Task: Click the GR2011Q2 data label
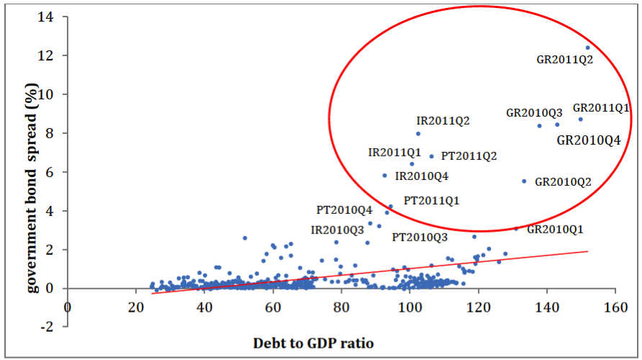(564, 60)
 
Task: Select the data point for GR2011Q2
(588, 48)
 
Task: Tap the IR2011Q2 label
(443, 120)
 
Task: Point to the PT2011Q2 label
(469, 156)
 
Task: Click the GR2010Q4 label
(588, 140)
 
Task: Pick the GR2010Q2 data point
(524, 181)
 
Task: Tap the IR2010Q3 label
(338, 230)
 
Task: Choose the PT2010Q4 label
(345, 210)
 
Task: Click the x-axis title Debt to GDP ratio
(313, 343)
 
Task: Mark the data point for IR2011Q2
(418, 133)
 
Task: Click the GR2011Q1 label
(601, 108)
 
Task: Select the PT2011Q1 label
(431, 200)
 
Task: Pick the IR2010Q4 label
(422, 176)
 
